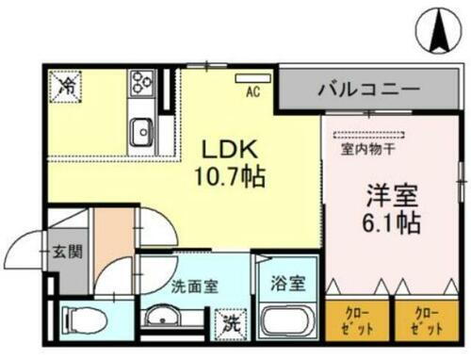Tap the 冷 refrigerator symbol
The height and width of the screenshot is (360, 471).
coord(68,85)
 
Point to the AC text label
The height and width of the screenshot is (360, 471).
coord(252,92)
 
